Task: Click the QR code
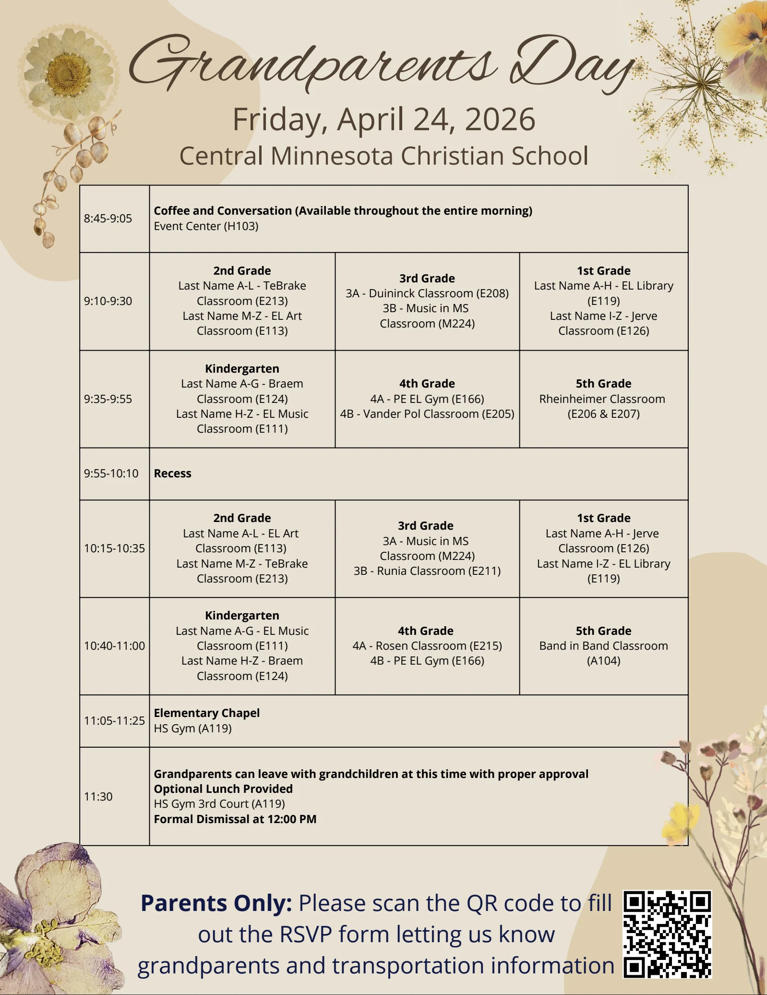pos(667,934)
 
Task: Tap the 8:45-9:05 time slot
pos(108,218)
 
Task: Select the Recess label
pos(172,473)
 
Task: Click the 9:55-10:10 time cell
pos(111,473)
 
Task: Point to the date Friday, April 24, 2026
pos(383,119)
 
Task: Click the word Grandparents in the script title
pos(312,65)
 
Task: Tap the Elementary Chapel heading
pos(206,713)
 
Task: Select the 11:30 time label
pos(98,797)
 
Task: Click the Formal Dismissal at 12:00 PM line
pos(235,819)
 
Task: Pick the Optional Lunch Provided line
pos(223,789)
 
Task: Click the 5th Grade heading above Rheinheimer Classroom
pos(603,384)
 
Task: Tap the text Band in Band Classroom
pos(603,646)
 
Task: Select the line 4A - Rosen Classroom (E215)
pos(427,646)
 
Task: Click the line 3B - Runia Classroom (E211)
pos(427,571)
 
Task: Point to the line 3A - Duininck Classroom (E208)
pos(427,293)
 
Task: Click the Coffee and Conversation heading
pos(343,211)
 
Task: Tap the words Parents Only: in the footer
pos(216,903)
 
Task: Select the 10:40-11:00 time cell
pos(114,646)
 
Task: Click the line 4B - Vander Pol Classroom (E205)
pos(427,414)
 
